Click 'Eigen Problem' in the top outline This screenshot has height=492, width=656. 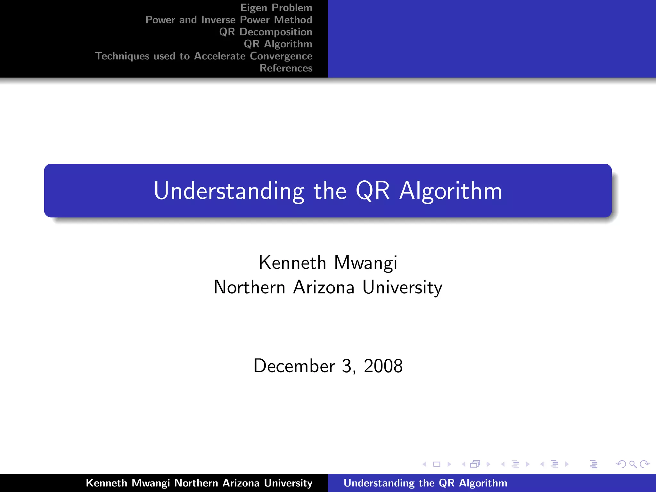point(276,8)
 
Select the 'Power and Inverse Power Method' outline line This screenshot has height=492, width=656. point(229,20)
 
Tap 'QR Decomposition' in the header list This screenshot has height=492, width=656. point(266,32)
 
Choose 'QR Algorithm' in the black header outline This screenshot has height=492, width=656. point(278,44)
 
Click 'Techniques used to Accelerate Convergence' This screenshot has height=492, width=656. point(204,56)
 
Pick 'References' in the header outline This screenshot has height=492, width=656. point(286,68)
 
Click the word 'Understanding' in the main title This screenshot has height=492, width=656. point(229,191)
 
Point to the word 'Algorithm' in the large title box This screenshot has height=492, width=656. point(450,191)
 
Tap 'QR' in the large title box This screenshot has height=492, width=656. point(373,191)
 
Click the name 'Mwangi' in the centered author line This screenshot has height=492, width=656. point(365,263)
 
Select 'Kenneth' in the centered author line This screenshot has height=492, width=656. point(292,263)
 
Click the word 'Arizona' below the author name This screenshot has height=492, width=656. point(324,287)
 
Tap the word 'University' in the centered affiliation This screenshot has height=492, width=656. point(402,287)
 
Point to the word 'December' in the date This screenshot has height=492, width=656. point(294,366)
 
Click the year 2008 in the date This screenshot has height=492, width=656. point(383,366)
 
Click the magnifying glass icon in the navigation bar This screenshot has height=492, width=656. point(633,464)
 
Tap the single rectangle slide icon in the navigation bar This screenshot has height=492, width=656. point(437,464)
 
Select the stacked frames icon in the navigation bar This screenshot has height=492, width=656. point(475,464)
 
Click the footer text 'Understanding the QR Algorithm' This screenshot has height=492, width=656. point(425,483)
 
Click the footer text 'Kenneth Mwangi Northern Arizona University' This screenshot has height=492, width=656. point(199,483)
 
